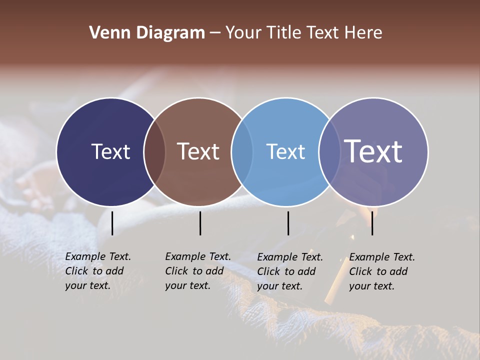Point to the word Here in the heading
click(363, 33)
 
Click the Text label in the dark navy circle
click(110, 151)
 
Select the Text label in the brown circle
click(198, 151)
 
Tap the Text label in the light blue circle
click(285, 151)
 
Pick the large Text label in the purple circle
click(373, 151)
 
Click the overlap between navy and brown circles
click(154, 151)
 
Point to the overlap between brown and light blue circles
click(242, 151)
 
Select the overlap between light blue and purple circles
click(329, 151)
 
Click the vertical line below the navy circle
click(112, 223)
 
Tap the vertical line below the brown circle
click(200, 223)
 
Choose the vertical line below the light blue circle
click(288, 223)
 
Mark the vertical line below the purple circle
click(372, 223)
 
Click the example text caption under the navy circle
click(97, 271)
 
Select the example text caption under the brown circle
click(197, 271)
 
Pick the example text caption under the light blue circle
click(289, 271)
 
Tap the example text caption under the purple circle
click(381, 271)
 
